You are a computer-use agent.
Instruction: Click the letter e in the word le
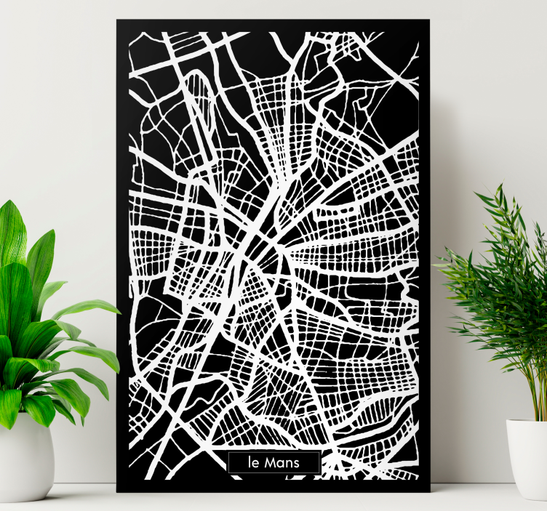[x=255, y=464]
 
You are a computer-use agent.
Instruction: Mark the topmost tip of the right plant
[x=500, y=185]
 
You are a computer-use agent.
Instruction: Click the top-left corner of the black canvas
[x=117, y=21]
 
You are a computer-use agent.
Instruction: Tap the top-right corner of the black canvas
[x=429, y=21]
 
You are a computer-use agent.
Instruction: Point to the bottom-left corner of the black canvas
[x=117, y=491]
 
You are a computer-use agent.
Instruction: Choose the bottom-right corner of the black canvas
[x=429, y=491]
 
